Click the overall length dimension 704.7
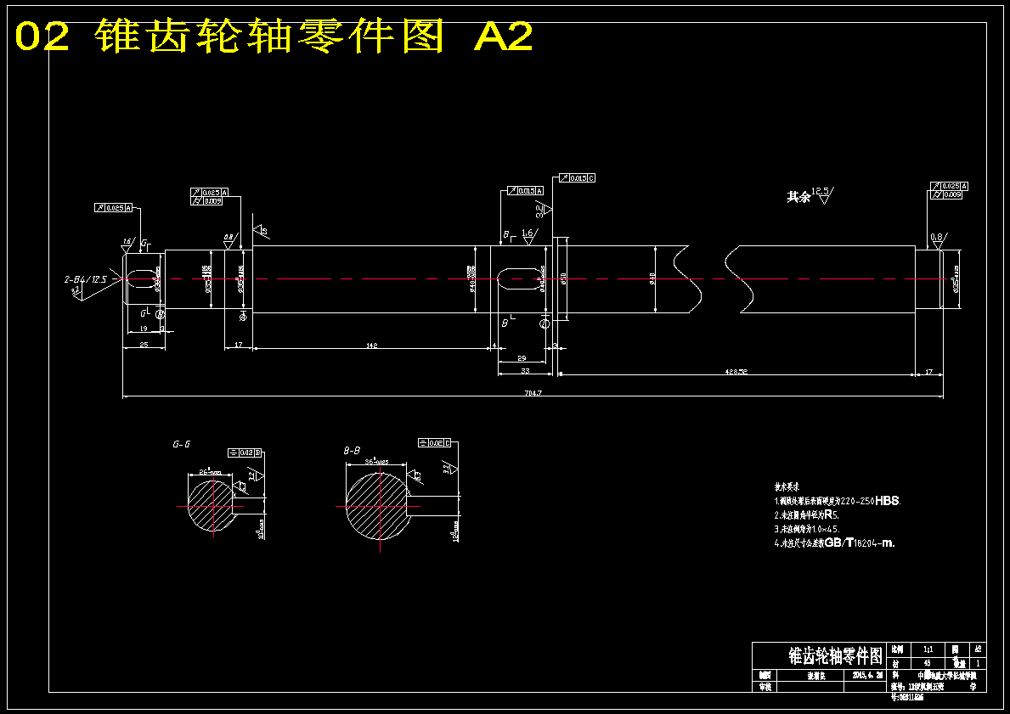tap(533, 393)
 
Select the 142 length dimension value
tap(371, 346)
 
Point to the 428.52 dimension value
tap(736, 371)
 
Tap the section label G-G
tap(181, 443)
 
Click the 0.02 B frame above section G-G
tap(244, 452)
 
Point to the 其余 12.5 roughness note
tap(810, 196)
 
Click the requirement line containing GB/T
tap(834, 543)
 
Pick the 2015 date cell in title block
tap(868, 675)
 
